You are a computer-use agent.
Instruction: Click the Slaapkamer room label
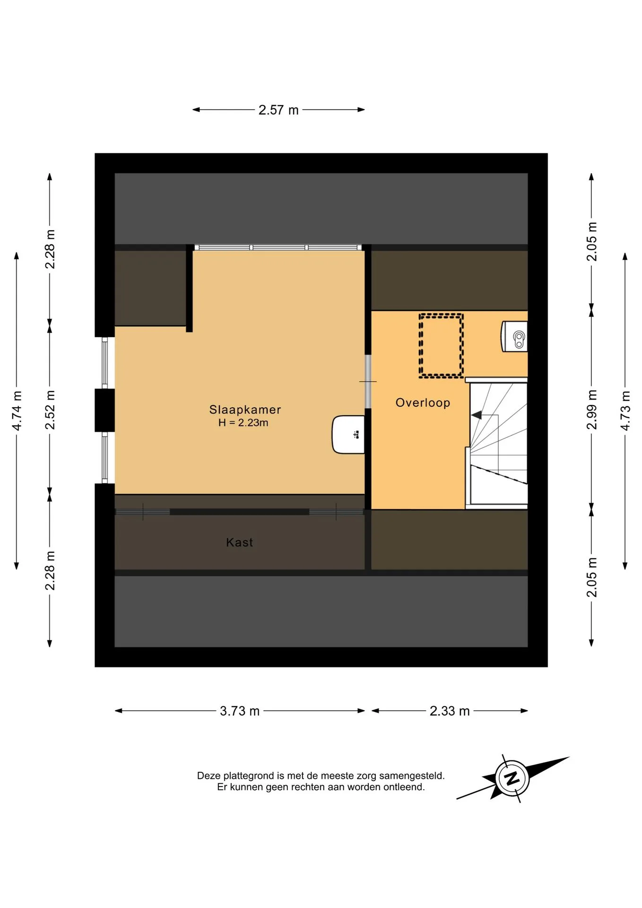tap(245, 410)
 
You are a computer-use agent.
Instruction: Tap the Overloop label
tap(423, 403)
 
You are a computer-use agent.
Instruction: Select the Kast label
tap(239, 542)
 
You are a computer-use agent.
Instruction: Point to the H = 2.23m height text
tap(243, 423)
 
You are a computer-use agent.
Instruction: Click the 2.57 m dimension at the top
tap(278, 110)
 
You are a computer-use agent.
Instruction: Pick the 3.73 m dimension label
tap(240, 711)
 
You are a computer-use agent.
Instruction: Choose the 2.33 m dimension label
tap(450, 711)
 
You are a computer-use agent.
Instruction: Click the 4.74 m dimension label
tap(17, 411)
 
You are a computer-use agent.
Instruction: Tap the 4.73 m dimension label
tap(625, 411)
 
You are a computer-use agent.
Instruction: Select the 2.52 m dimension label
tap(50, 410)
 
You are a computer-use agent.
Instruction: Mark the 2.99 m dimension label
tap(591, 410)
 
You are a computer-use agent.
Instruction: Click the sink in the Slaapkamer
tap(348, 435)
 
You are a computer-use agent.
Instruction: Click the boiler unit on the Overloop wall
tap(514, 337)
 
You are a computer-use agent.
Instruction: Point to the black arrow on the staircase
tap(477, 415)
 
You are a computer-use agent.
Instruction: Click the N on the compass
tap(512, 778)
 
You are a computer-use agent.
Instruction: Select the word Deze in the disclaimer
tap(209, 776)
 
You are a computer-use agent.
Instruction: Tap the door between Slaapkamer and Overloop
tap(368, 381)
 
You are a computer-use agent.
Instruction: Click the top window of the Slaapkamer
tap(278, 247)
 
